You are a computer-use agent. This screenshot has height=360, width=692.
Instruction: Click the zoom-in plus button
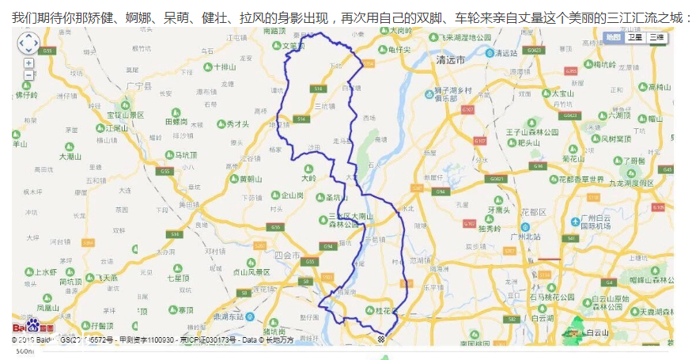click(28, 63)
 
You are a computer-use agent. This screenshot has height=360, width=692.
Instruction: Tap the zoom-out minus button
click(28, 75)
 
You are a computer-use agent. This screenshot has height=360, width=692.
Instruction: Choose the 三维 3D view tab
click(656, 37)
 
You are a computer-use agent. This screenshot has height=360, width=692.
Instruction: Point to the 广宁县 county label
click(138, 85)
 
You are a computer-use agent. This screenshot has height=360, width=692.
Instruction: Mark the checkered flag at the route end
click(382, 339)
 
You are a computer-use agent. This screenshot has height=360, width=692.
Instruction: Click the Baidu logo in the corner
click(32, 326)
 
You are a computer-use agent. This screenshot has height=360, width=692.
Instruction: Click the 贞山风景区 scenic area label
click(251, 271)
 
